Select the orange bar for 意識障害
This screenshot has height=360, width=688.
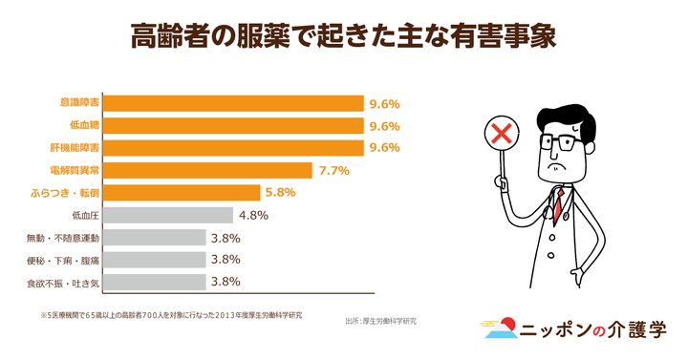pos(234,103)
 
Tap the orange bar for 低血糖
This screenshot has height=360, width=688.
pos(234,125)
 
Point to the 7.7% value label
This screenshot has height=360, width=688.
pos(333,170)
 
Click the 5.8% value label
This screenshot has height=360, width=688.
pos(281,192)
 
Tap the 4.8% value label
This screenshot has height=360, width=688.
pos(253,215)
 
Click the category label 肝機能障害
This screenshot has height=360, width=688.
pos(76,148)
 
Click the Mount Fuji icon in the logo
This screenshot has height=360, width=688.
pos(497,329)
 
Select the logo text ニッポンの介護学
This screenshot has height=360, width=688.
pos(593,329)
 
